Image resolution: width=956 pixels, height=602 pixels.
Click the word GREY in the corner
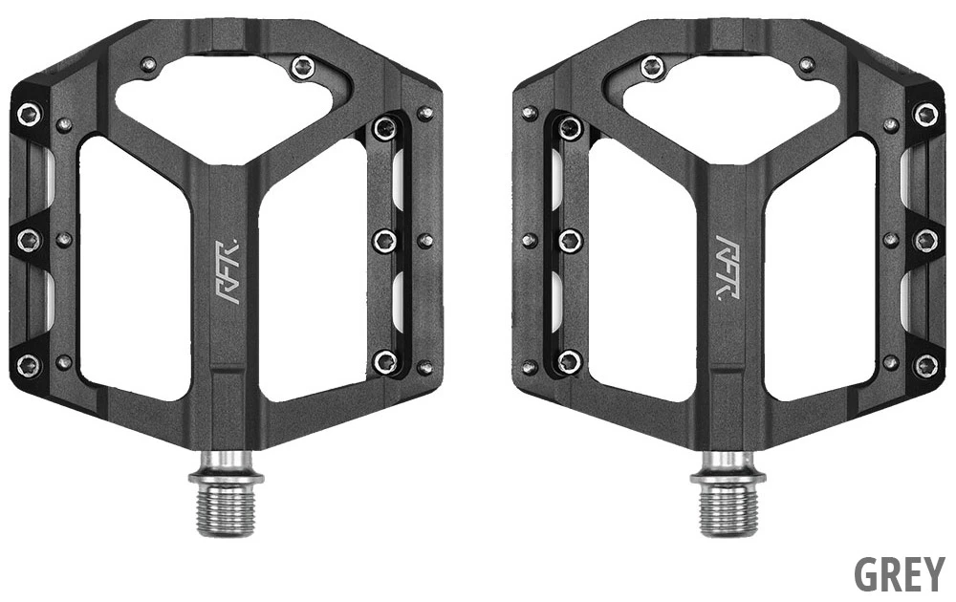pyautogui.click(x=899, y=574)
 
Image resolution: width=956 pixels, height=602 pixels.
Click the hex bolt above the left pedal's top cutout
pyautogui.click(x=302, y=67)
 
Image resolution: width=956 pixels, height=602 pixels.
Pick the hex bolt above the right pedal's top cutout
pyautogui.click(x=653, y=67)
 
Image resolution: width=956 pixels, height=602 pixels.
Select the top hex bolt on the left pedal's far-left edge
pyautogui.click(x=29, y=115)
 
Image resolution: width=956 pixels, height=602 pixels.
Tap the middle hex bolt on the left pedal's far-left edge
pyautogui.click(x=29, y=239)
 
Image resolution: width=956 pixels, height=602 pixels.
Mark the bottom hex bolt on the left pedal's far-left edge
pyautogui.click(x=29, y=364)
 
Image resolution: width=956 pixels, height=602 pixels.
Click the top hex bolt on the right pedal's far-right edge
pyautogui.click(x=925, y=115)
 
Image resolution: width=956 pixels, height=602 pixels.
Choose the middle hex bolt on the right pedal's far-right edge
pyautogui.click(x=925, y=240)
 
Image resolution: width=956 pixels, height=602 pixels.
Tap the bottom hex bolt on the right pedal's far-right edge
pyautogui.click(x=925, y=364)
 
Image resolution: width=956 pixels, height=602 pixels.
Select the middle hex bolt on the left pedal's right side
pyautogui.click(x=385, y=240)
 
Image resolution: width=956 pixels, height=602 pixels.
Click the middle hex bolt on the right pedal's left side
pyautogui.click(x=570, y=240)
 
